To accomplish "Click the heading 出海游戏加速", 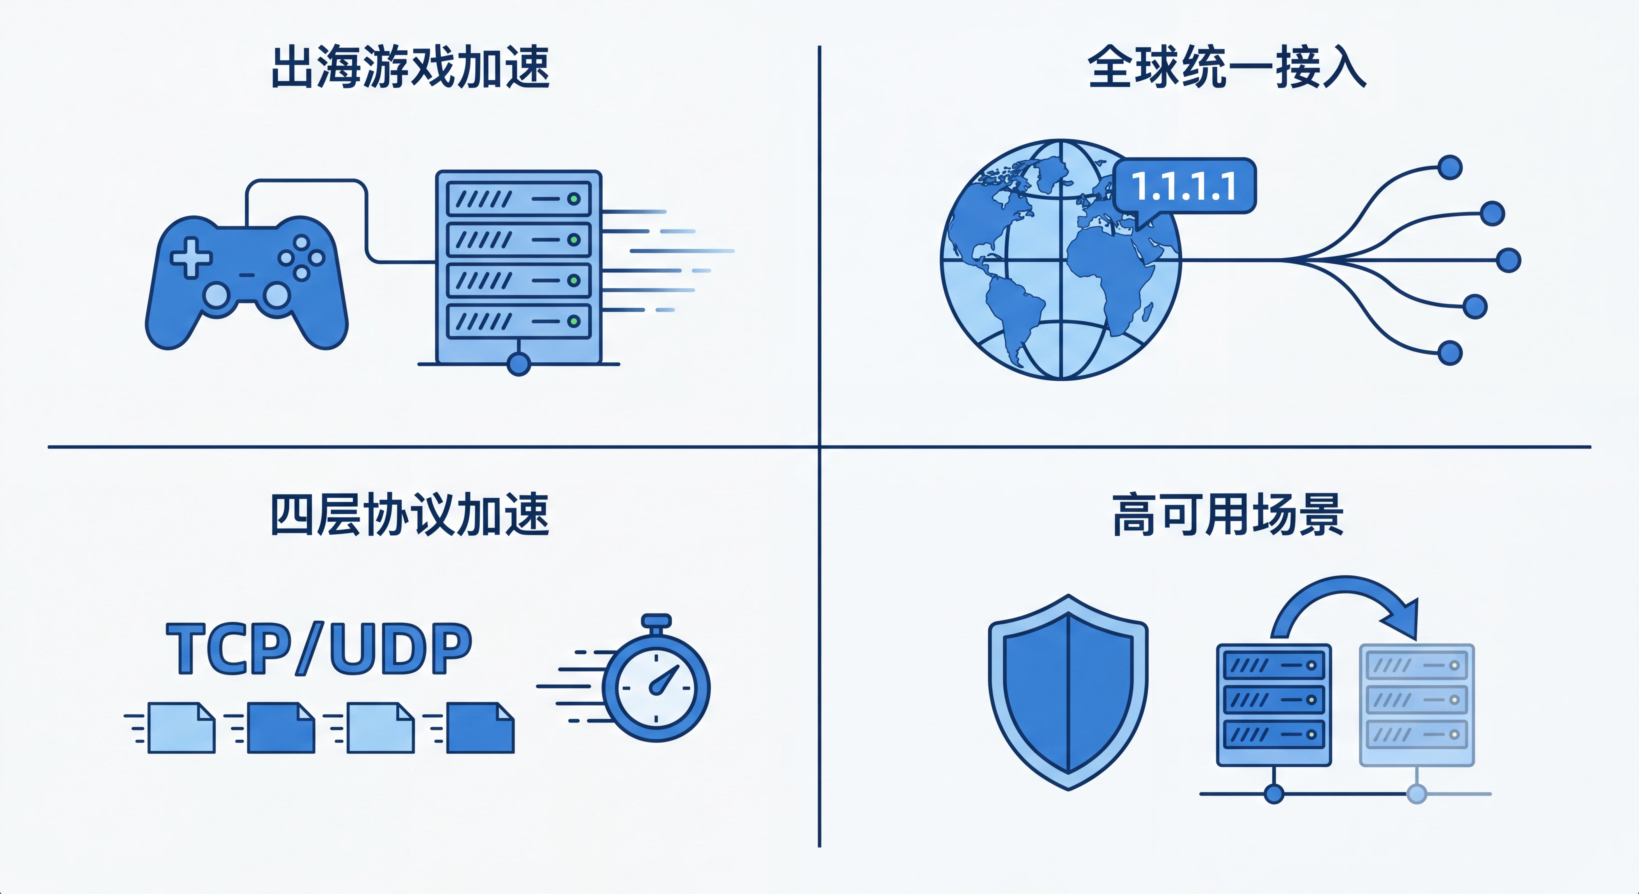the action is click(410, 67).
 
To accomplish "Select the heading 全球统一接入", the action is click(1227, 67).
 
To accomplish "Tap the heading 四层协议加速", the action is click(410, 514).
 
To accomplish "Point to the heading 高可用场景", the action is click(1228, 514).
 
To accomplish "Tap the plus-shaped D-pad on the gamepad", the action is click(191, 258).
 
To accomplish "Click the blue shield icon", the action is click(1068, 692).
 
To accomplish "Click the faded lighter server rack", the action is click(1417, 705).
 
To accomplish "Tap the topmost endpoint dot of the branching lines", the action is click(1450, 167).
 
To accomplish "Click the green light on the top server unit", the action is click(574, 199).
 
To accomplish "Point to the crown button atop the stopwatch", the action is click(656, 620).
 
